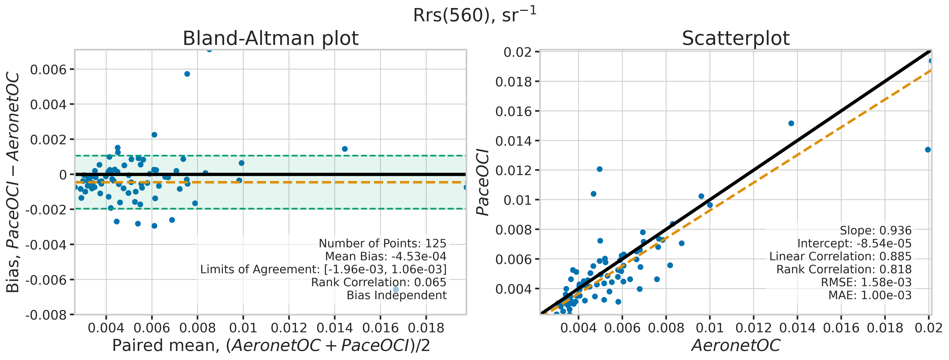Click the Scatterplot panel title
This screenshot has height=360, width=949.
(x=736, y=38)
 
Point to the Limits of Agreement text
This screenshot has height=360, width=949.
(x=323, y=269)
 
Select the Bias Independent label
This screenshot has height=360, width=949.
(x=396, y=295)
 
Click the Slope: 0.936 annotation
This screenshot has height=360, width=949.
(x=875, y=231)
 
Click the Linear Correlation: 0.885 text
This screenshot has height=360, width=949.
(x=840, y=257)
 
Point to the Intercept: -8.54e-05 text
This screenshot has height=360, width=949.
(x=854, y=244)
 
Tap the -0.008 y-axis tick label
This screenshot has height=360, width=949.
(x=46, y=315)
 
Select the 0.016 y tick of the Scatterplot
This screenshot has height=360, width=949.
(x=514, y=111)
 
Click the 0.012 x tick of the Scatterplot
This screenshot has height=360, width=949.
(x=753, y=328)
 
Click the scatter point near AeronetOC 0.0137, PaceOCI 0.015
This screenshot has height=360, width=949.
(x=791, y=123)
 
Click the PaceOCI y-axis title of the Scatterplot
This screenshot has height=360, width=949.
(x=483, y=182)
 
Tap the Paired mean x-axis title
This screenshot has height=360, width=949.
(x=271, y=346)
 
